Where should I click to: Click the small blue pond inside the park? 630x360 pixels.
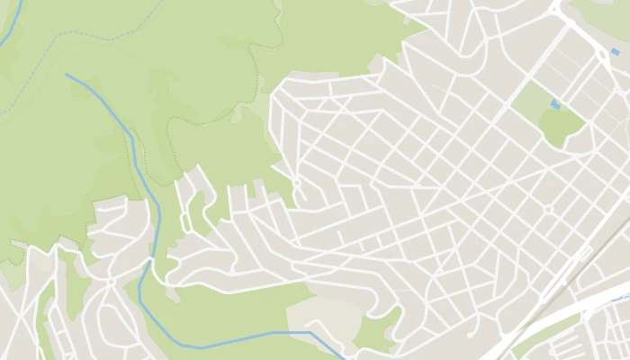[554, 105]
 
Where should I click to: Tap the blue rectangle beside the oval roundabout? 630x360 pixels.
[616, 52]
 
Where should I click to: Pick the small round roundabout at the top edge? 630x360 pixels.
[554, 6]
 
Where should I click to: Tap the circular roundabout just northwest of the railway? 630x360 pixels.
[547, 209]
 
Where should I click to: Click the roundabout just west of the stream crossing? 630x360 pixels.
[111, 282]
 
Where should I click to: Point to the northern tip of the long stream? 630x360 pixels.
[67, 75]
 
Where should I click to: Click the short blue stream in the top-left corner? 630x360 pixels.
[11, 27]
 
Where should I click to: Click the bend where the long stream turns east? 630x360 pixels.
[193, 347]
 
